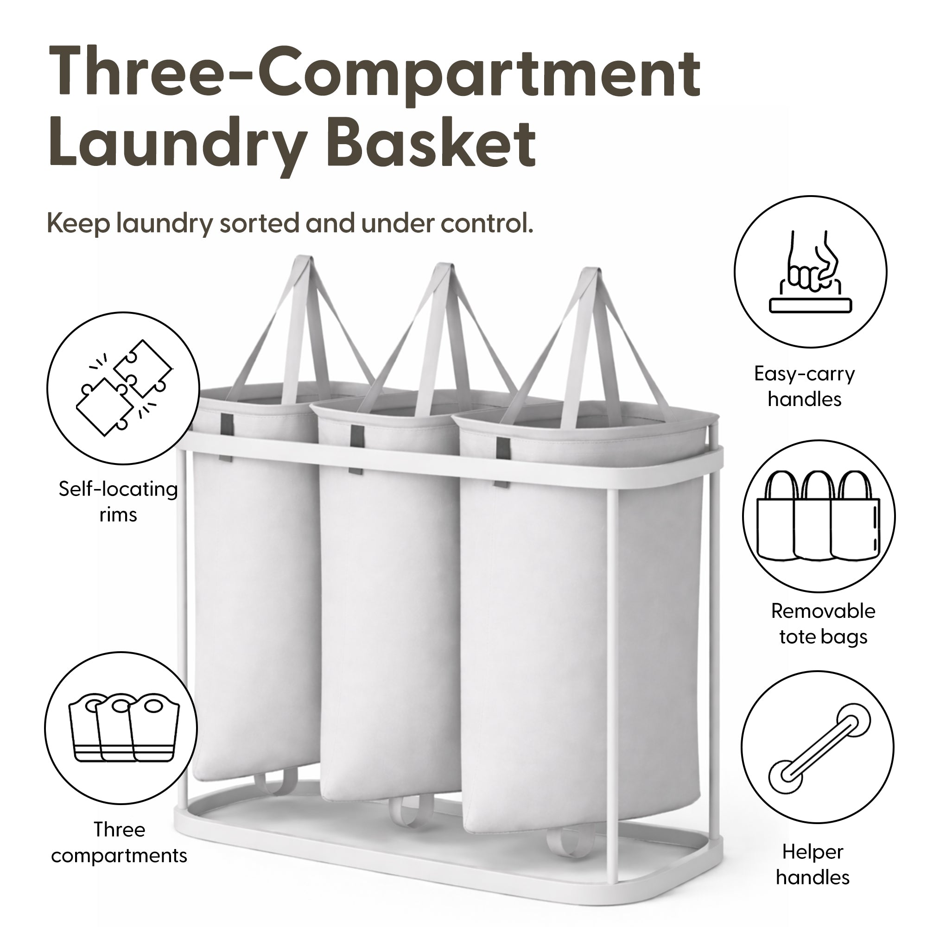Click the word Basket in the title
click(433, 143)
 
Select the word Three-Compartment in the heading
click(374, 73)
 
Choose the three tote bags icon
click(819, 516)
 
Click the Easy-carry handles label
click(805, 387)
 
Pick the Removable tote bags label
click(823, 624)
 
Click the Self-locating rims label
click(118, 502)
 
